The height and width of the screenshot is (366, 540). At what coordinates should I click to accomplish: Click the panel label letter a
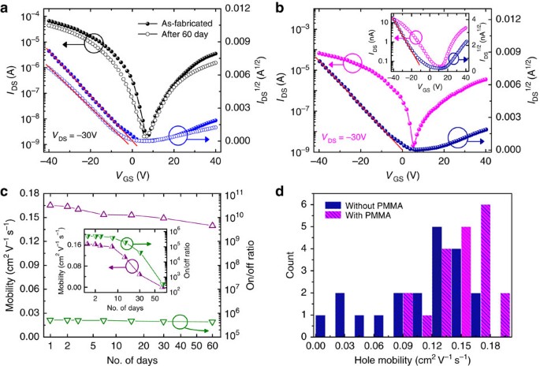click(7, 7)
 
